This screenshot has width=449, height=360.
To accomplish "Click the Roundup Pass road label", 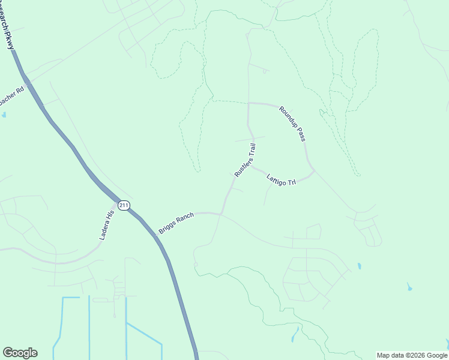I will (x=292, y=124).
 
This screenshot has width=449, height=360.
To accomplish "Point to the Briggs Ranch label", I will (x=178, y=221).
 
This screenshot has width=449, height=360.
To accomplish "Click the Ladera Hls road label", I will (x=106, y=226).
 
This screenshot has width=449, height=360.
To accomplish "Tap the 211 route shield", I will (x=124, y=205).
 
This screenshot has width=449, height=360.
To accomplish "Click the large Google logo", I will (x=20, y=353).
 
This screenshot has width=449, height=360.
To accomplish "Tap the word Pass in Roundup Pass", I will (x=301, y=134).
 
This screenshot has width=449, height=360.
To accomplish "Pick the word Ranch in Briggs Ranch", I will (x=186, y=217).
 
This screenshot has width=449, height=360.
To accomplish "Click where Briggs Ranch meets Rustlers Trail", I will (x=221, y=213).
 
